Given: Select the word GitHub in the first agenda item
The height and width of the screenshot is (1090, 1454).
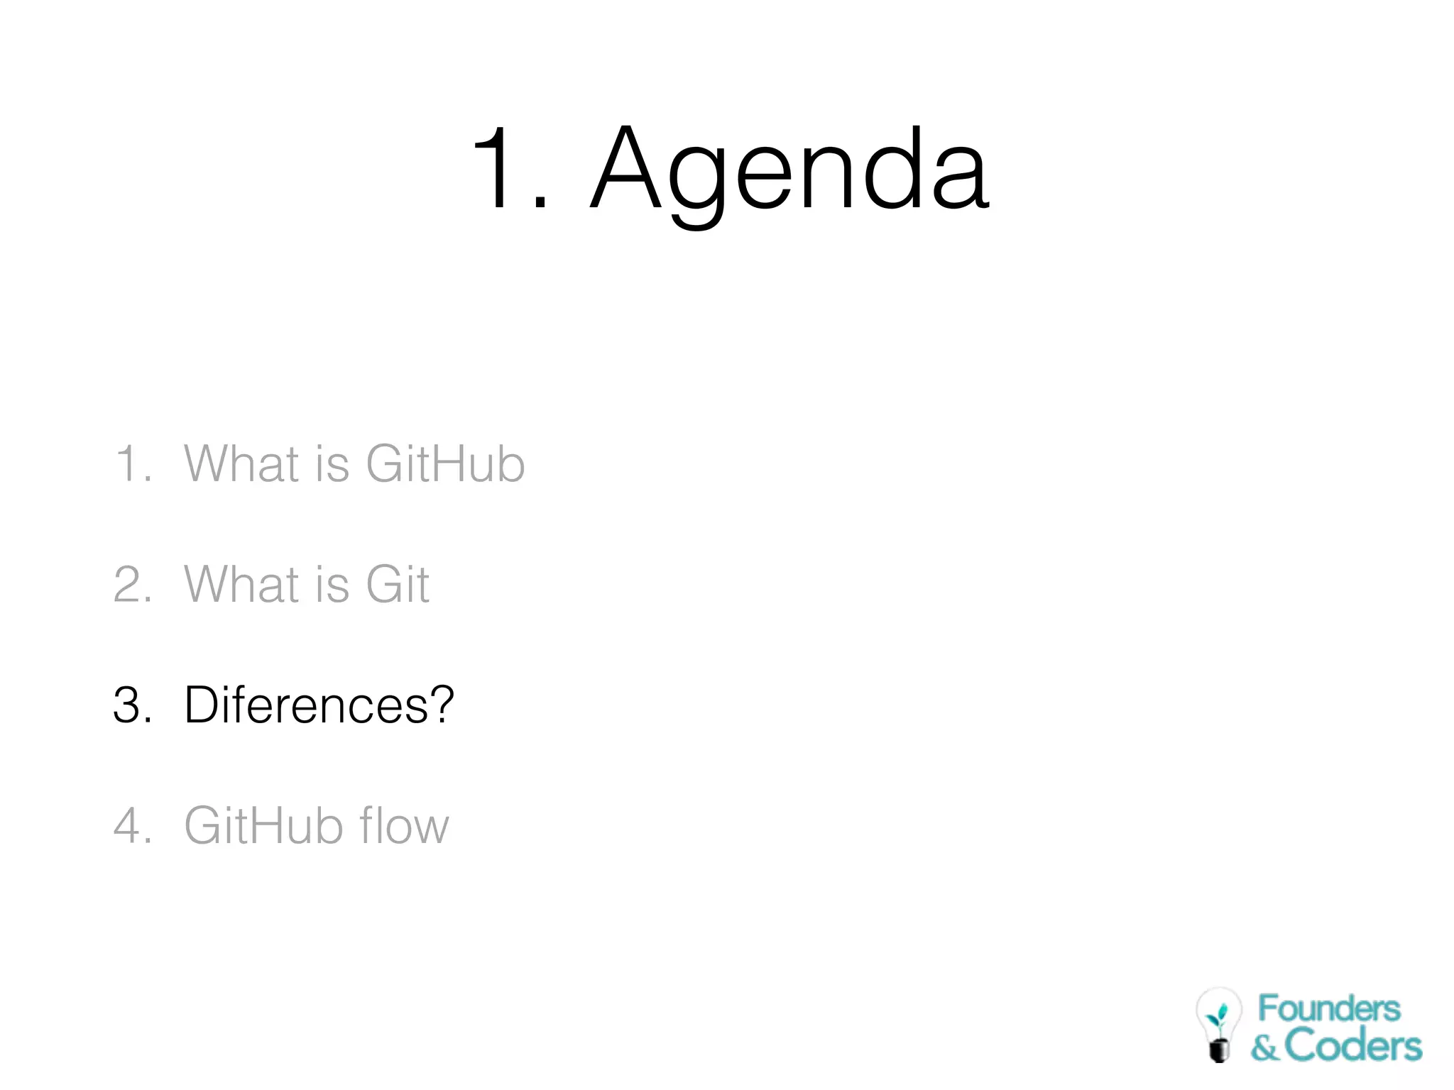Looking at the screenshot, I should coord(445,464).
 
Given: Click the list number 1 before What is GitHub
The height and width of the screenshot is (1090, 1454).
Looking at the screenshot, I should coord(129,464).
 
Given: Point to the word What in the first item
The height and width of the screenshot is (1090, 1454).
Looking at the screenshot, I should coord(241,464).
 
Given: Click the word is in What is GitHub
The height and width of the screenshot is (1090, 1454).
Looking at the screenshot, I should coord(332,464).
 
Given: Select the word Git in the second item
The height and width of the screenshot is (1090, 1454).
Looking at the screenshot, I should coord(397,585).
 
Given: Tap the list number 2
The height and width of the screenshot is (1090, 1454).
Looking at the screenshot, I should coord(129,585).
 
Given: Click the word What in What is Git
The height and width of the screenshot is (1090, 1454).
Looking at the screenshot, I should coord(241,585).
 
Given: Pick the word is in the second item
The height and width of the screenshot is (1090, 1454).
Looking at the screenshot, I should coord(332,585).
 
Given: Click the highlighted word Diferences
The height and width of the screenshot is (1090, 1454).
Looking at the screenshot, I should coord(305,705).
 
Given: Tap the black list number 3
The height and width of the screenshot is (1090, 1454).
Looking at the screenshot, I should coord(129,705).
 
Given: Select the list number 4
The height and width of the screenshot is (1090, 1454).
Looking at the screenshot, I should coord(129,826).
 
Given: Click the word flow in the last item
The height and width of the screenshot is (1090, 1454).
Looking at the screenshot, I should coord(404,826).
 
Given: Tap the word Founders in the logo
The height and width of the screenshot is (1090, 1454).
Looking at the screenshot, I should coord(1329,1009).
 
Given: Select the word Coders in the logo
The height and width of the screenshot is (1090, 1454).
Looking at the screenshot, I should coord(1353,1046).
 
